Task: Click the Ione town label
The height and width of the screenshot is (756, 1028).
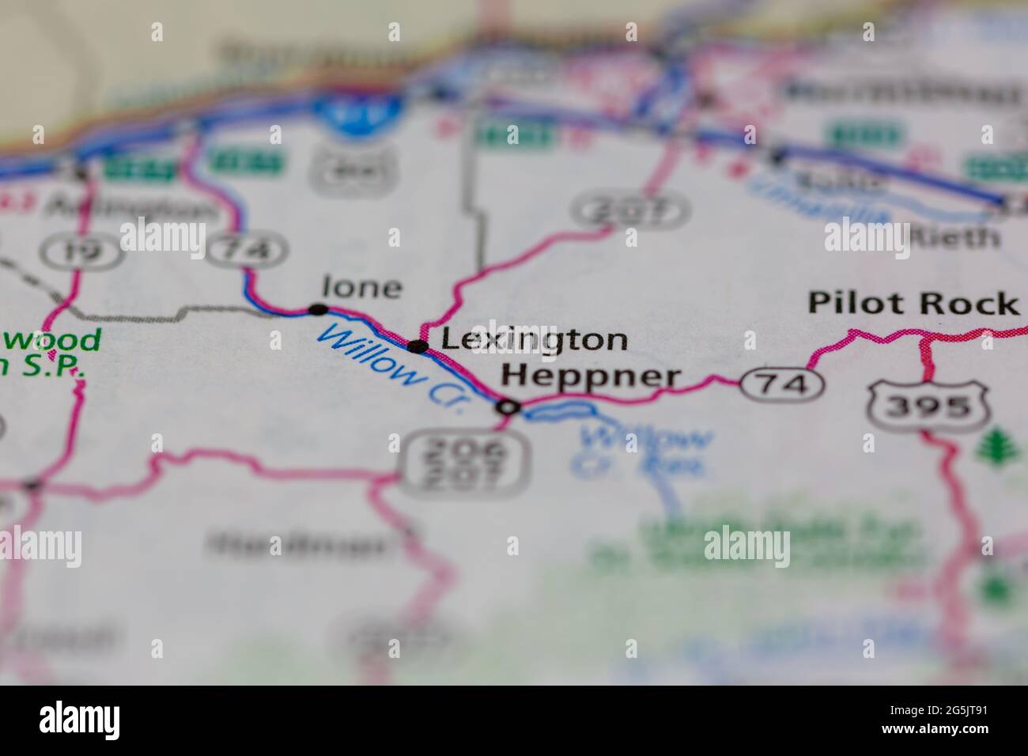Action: (362, 287)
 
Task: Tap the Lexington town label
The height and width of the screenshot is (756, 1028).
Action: (534, 340)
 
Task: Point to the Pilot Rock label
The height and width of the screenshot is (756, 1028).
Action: (913, 303)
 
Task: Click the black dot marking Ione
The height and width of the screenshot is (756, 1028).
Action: (319, 308)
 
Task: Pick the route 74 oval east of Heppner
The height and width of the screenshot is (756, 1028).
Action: (781, 384)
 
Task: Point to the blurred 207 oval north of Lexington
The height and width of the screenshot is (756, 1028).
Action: (631, 211)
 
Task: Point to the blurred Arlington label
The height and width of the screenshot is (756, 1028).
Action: (130, 208)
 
